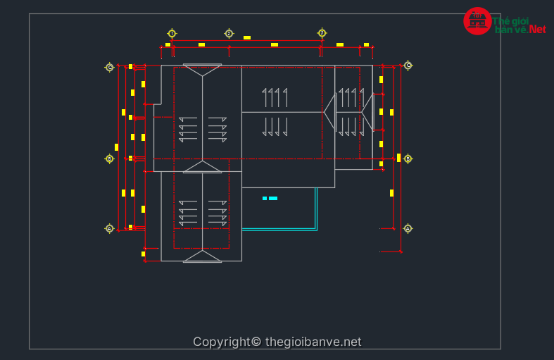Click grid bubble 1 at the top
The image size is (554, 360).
(x=172, y=33)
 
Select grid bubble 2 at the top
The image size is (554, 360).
(x=229, y=33)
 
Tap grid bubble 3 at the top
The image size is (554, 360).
(x=322, y=33)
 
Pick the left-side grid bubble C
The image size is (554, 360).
(x=110, y=67)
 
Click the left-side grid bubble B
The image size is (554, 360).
(x=109, y=159)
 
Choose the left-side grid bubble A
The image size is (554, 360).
(x=109, y=228)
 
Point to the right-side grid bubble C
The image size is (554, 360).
(x=408, y=66)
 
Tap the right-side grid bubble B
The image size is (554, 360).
(x=408, y=159)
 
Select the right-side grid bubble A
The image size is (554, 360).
(x=408, y=228)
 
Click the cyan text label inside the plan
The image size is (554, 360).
(x=270, y=199)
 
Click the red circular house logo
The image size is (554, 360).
(x=477, y=20)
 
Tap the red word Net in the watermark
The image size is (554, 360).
(x=538, y=30)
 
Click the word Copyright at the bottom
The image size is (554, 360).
(x=220, y=342)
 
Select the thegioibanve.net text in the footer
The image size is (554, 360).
(x=313, y=342)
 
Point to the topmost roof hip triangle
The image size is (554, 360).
(x=202, y=69)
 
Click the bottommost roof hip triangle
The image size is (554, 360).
(x=202, y=256)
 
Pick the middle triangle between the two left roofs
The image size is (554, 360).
(x=202, y=167)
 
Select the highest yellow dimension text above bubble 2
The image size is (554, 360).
(x=247, y=37)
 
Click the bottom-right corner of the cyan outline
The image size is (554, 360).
(x=317, y=230)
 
